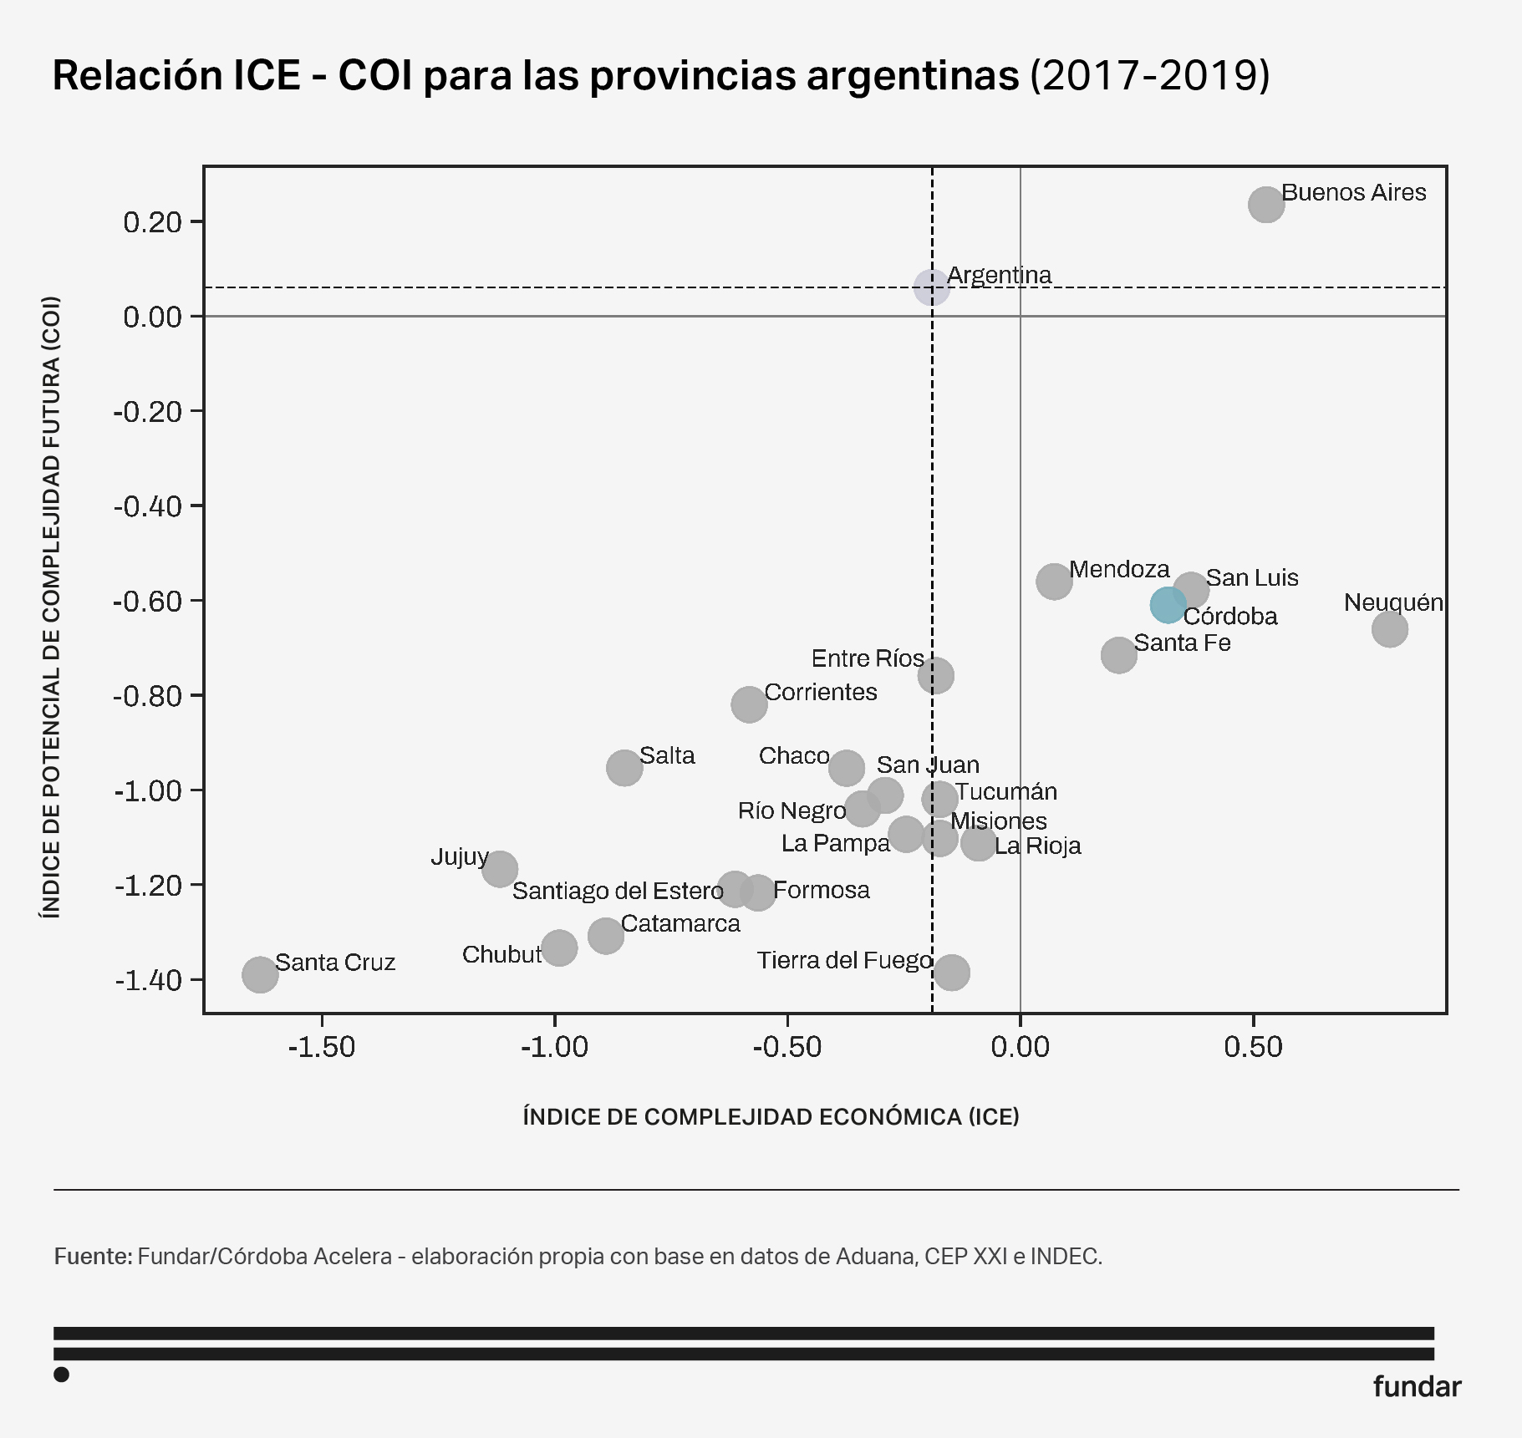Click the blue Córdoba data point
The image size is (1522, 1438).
[x=1167, y=604]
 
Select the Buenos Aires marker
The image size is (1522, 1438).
[x=1265, y=205]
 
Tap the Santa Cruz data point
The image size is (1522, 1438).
[x=260, y=973]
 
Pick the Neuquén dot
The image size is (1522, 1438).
[x=1389, y=629]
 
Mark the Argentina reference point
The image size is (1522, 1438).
[x=931, y=287]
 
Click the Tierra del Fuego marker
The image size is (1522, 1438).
[x=951, y=972]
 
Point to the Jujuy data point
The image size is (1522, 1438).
[x=500, y=869]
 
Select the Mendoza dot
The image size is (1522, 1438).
[x=1054, y=581]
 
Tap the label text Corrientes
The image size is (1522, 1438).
[x=820, y=692]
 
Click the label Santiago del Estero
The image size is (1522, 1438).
[x=618, y=891]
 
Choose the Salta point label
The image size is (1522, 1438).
[x=667, y=755]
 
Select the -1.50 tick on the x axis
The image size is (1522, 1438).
[x=322, y=1046]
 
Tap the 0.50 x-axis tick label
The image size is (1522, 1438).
[x=1252, y=1046]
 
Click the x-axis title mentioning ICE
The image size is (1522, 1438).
[x=771, y=1116]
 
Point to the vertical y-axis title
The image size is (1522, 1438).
[x=51, y=607]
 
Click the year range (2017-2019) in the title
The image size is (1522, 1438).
[x=1149, y=75]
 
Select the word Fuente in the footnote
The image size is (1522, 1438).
[x=92, y=1256]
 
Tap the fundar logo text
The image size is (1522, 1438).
[x=1417, y=1386]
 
